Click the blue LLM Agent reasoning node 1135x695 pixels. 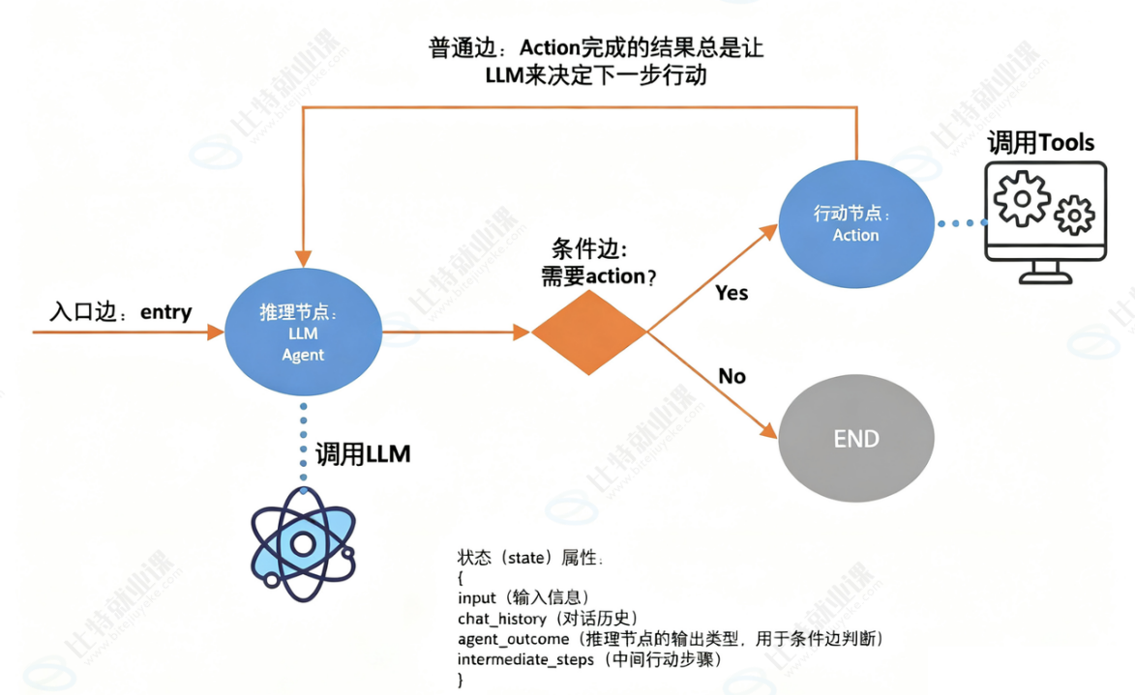click(303, 333)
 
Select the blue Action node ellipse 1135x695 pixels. click(855, 223)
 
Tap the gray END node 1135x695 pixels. click(855, 439)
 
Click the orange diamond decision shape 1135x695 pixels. click(588, 333)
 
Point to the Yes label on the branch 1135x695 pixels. click(732, 292)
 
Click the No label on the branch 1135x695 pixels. click(732, 376)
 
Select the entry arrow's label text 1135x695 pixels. click(121, 312)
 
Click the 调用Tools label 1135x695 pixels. click(1040, 144)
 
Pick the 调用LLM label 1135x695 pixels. click(363, 454)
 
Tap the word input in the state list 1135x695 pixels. click(476, 597)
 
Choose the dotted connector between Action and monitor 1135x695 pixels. click(960, 223)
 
